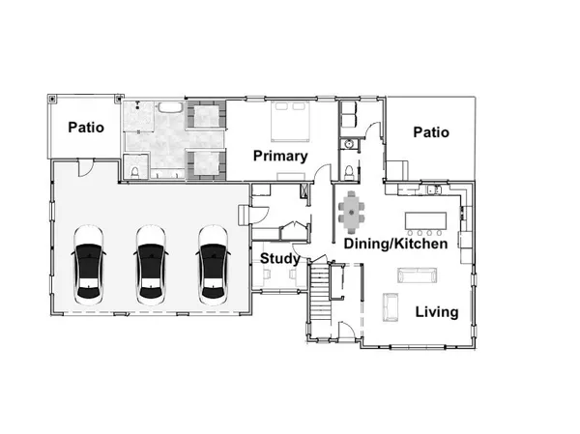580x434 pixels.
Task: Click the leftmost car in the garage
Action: click(x=88, y=264)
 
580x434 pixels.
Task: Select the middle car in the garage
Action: click(x=151, y=264)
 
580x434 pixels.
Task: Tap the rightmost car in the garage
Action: click(x=213, y=264)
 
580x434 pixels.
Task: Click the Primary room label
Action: click(x=280, y=156)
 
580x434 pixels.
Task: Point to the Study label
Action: click(x=277, y=258)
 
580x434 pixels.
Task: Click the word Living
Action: click(x=437, y=311)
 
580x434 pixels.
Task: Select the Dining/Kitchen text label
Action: click(x=395, y=245)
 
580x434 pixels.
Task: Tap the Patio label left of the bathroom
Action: click(x=85, y=127)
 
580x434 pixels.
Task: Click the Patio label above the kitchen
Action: click(x=430, y=132)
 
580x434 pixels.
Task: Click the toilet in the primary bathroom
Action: click(x=136, y=172)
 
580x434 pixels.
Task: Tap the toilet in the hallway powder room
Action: click(x=349, y=173)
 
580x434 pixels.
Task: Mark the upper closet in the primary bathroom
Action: click(x=205, y=117)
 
